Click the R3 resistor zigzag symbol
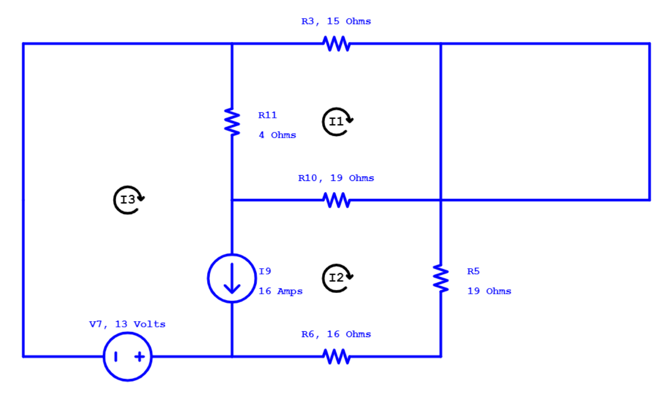click(x=336, y=44)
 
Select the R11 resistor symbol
click(x=232, y=122)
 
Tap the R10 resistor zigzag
click(x=336, y=200)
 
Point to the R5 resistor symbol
click(x=441, y=278)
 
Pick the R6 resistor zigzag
click(x=336, y=356)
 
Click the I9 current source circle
click(x=232, y=278)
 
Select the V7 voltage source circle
click(x=128, y=356)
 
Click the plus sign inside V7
click(x=140, y=356)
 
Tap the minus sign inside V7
click(x=116, y=356)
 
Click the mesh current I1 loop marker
click(x=337, y=122)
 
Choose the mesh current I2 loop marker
click(x=337, y=278)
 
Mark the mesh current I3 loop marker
click(x=128, y=200)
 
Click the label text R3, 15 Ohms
click(x=336, y=21)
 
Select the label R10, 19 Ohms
click(x=336, y=178)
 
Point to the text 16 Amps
click(x=280, y=291)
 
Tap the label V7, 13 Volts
click(x=127, y=324)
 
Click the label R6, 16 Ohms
click(x=336, y=334)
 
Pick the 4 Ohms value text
click(x=277, y=135)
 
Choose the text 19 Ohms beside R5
click(x=489, y=291)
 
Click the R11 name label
click(x=267, y=115)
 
